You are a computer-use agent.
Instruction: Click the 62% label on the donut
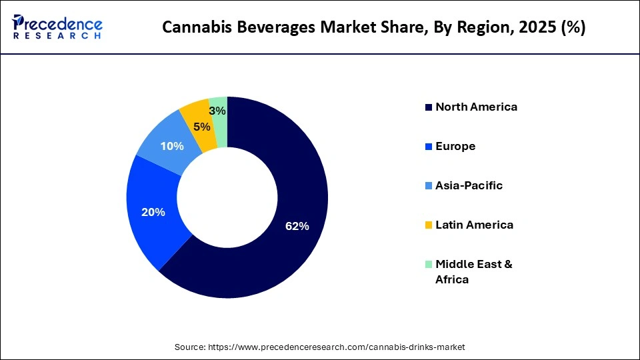(x=297, y=227)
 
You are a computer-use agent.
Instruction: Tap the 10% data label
(x=172, y=146)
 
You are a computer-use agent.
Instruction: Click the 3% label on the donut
(x=217, y=111)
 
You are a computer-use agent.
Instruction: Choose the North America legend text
(x=476, y=107)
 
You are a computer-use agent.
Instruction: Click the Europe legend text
(x=455, y=146)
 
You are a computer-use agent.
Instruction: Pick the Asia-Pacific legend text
(x=469, y=185)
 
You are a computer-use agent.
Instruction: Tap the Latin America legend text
(x=474, y=225)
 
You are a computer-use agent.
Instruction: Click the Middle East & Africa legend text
(x=473, y=271)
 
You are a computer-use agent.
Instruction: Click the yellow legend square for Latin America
(x=429, y=225)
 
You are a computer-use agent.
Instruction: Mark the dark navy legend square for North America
(x=429, y=107)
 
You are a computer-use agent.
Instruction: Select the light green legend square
(x=429, y=265)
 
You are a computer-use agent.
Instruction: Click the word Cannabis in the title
(x=190, y=28)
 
